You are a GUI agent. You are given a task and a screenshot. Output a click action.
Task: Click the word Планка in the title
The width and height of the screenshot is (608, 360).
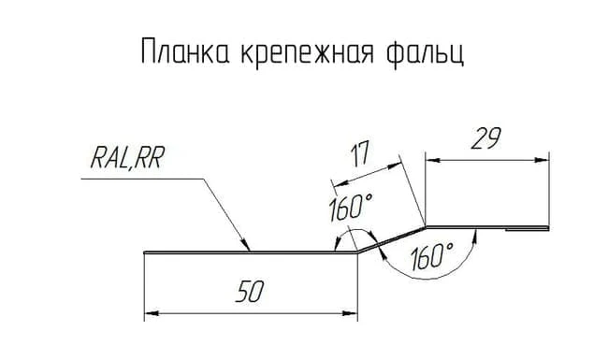pos(186,51)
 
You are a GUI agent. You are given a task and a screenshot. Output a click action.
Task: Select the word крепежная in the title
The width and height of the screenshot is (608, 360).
pos(307,52)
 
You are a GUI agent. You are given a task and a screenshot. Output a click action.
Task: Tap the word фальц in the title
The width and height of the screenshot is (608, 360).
pos(425,51)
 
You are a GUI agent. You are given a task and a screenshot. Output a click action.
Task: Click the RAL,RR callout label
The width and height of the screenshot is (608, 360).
pos(127,158)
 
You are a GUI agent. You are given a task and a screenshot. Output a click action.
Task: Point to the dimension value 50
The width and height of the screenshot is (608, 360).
pos(250,292)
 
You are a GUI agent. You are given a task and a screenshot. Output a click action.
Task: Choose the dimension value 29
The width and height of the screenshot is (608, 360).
pos(486,138)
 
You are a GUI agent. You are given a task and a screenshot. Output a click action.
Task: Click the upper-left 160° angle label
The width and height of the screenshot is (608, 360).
pos(351,208)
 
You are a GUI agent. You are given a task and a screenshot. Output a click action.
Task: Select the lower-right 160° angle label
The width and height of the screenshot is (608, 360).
pos(431,256)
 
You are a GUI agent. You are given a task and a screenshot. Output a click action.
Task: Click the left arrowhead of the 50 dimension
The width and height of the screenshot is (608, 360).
pos(152,313)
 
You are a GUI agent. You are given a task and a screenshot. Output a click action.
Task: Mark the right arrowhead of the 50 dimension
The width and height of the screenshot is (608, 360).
pos(350,313)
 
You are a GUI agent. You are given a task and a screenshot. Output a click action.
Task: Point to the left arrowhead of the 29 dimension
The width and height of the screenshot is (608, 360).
pos(433,160)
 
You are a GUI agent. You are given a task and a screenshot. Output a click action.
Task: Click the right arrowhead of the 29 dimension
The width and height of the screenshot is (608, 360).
pos(542,160)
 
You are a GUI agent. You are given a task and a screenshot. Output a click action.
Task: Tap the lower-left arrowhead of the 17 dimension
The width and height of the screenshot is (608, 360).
pos(338,183)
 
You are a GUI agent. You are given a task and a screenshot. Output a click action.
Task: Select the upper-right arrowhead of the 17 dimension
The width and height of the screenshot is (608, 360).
pos(394,166)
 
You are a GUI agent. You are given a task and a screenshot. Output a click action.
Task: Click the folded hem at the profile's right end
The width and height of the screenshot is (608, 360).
pos(528,229)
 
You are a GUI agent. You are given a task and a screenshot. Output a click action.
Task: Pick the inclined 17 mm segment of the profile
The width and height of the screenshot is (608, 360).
pos(391,239)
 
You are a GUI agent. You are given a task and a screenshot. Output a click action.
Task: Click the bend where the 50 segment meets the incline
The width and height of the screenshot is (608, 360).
pos(357,252)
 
